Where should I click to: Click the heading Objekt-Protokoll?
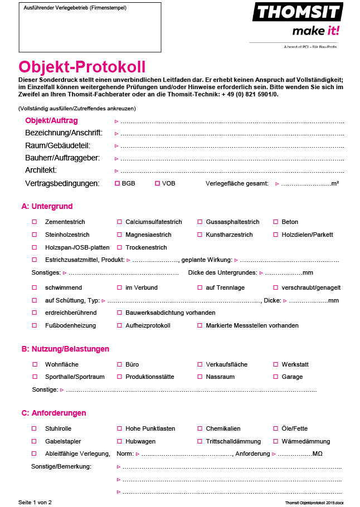click(82, 67)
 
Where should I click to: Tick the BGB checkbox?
click(117, 183)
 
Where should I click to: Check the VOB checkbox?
click(157, 183)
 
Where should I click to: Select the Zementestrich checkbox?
click(35, 222)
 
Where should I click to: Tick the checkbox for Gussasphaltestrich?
click(200, 222)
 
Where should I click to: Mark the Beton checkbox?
click(275, 222)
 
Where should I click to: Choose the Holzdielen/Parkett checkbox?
click(275, 235)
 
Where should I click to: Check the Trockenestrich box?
click(119, 247)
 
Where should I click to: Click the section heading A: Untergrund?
click(47, 206)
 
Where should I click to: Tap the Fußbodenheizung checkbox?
click(35, 325)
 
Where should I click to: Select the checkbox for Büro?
click(119, 364)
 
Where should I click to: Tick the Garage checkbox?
click(275, 377)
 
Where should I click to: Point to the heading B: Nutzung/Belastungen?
click(65, 349)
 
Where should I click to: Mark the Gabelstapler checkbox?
click(35, 441)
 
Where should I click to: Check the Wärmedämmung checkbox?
click(275, 441)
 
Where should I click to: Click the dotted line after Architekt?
click(232, 170)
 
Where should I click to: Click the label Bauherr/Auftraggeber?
click(62, 158)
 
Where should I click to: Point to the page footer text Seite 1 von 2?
click(35, 502)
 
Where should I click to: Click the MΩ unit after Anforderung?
click(318, 454)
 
